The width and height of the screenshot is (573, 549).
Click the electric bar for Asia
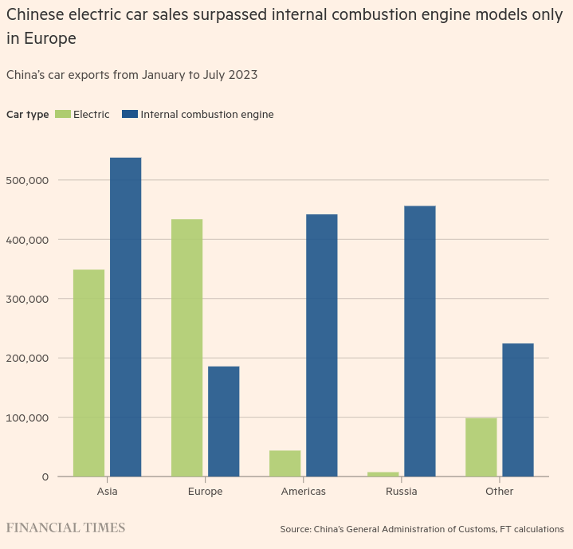(x=88, y=373)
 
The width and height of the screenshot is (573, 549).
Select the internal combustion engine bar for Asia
(x=125, y=317)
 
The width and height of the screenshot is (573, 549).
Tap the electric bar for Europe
(x=186, y=347)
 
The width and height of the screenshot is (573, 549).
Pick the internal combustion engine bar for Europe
(x=223, y=421)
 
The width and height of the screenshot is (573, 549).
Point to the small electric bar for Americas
(x=285, y=464)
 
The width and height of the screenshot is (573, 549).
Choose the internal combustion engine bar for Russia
(x=419, y=341)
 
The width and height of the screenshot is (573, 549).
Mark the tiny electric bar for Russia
(x=383, y=474)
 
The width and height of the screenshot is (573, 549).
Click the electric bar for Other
(x=481, y=447)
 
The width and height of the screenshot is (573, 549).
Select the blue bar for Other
(x=517, y=410)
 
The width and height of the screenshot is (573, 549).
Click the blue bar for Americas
(x=321, y=345)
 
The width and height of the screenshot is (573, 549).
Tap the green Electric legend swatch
(x=63, y=114)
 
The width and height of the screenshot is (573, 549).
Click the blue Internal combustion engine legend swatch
(x=130, y=114)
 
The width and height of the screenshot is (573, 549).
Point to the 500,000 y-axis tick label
(x=27, y=180)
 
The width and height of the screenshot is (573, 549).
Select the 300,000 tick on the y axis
(x=27, y=299)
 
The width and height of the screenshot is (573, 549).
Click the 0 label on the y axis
(x=45, y=476)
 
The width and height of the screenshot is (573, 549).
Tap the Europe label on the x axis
(x=205, y=492)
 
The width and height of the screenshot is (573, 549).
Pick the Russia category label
(x=401, y=492)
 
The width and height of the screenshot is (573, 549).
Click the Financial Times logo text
(x=65, y=528)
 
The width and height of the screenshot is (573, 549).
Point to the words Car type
(x=27, y=114)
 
